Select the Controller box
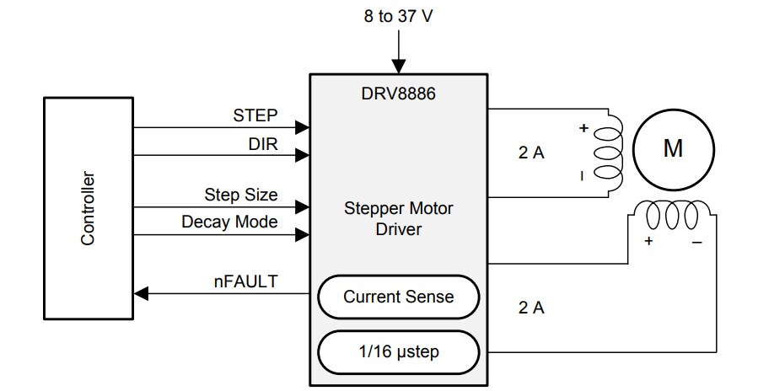pos(89,208)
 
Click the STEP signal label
pos(255,115)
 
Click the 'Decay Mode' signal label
pos(229,222)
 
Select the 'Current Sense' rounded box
pos(398,297)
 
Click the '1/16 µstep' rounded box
pos(398,351)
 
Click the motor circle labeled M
pos(673,149)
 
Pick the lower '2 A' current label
pos(531,308)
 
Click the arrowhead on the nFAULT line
pos(142,293)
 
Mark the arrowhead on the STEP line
pos(302,128)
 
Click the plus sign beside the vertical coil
pos(582,129)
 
